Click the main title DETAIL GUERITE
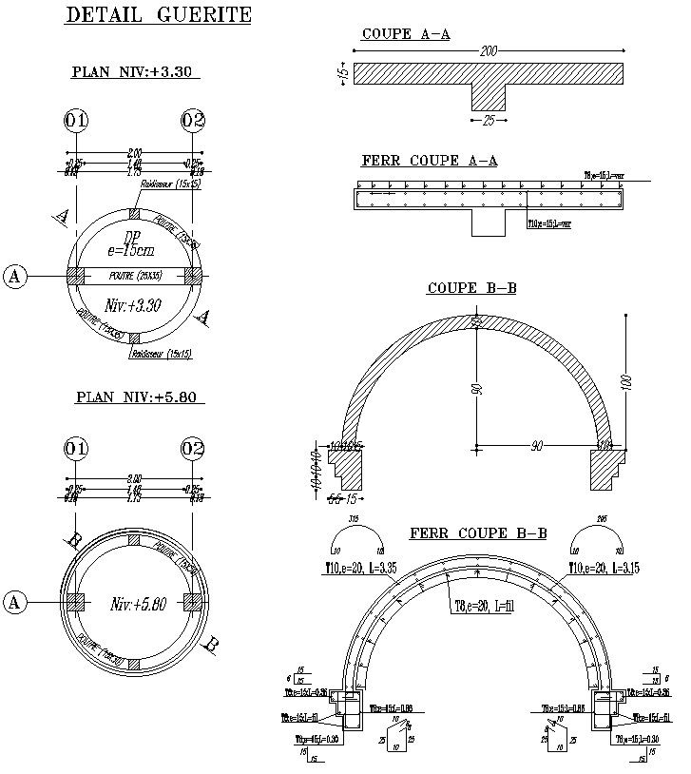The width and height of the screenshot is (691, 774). [x=158, y=15]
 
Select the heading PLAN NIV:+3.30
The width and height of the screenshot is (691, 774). [x=135, y=71]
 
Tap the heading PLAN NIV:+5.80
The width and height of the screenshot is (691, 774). [x=139, y=397]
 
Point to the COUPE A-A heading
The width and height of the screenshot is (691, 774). [x=405, y=34]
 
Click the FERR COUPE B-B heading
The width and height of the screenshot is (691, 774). [x=478, y=533]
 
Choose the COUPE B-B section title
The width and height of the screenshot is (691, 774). [x=471, y=287]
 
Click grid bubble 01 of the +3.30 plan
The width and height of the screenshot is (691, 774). [x=76, y=121]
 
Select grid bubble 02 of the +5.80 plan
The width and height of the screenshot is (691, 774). [x=193, y=448]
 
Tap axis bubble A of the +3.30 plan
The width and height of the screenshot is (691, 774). [x=14, y=276]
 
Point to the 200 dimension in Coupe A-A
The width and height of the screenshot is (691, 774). [x=489, y=50]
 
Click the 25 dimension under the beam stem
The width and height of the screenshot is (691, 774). [x=489, y=121]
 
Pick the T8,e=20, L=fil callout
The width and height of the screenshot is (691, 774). [x=481, y=608]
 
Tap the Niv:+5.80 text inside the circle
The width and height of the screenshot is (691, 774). [x=139, y=603]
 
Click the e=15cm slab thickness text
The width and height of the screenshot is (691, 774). [x=131, y=251]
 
